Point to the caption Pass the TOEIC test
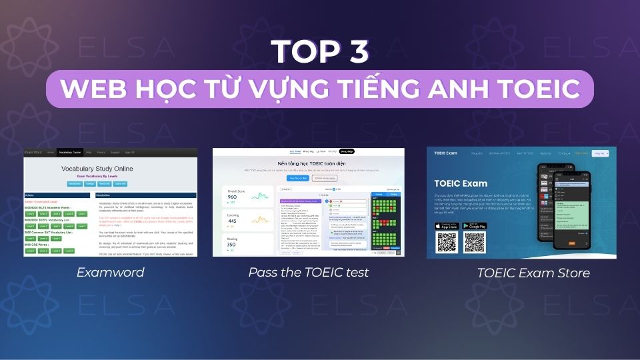pos(308,272)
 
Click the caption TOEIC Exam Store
pos(524,273)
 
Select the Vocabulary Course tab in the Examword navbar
pos(74,152)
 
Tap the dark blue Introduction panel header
pos(147,195)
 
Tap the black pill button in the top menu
pos(347,151)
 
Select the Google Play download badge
pos(483,226)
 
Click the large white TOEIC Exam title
pos(460,183)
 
